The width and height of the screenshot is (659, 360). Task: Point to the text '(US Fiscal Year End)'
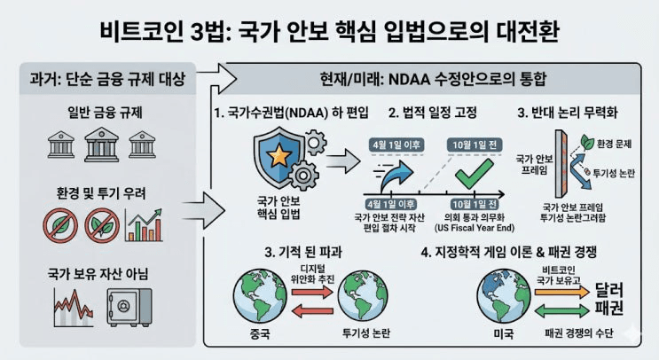(474, 227)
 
